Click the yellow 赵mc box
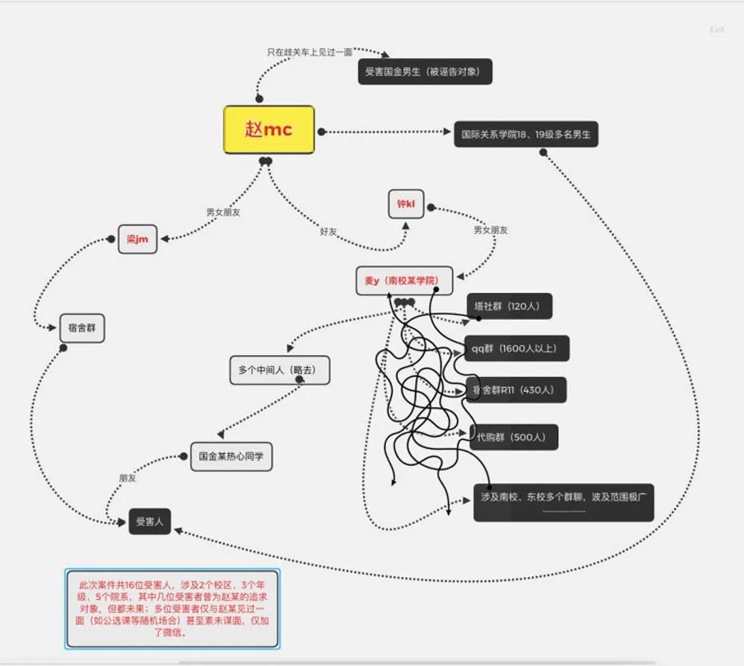[269, 129]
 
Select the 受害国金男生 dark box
[425, 71]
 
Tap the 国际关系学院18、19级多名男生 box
[526, 135]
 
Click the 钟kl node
[405, 204]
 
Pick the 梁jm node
[138, 239]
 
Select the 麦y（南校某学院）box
[403, 281]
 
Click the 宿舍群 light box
[82, 328]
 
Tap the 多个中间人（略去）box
[279, 370]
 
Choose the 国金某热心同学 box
[231, 456]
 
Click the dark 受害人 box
[150, 522]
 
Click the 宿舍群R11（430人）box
[518, 390]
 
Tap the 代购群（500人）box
[514, 438]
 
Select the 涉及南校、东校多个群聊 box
[563, 502]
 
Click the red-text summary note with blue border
[172, 608]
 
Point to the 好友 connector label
[328, 231]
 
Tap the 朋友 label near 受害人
[127, 478]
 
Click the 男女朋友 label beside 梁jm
[223, 212]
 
